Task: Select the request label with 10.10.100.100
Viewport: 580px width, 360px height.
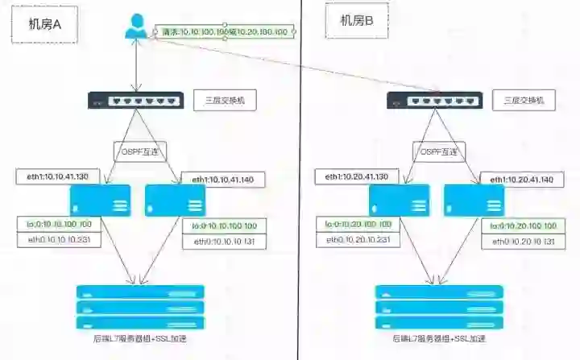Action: pos(225,31)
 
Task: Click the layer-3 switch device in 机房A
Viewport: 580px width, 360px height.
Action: pos(134,101)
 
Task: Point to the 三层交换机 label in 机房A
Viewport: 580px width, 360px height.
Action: pos(224,101)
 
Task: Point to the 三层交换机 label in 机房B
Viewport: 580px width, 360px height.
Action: pos(524,101)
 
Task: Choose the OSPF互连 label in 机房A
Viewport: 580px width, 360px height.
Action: pos(138,149)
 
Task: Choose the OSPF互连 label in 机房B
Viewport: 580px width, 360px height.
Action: pos(438,150)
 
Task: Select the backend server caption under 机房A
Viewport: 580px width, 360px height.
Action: pos(139,340)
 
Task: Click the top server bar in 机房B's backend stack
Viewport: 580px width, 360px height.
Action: pos(439,292)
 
